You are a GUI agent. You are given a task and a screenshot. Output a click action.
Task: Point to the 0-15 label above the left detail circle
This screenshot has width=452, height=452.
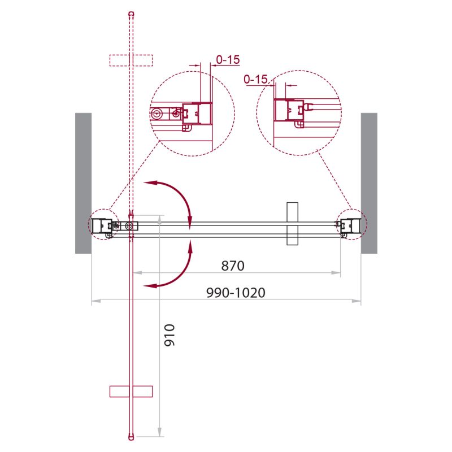coord(228,58)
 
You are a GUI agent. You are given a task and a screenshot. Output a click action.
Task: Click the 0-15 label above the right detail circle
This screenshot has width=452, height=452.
coord(255,80)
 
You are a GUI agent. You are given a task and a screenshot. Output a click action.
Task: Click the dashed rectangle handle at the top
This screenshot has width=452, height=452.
coord(131,60)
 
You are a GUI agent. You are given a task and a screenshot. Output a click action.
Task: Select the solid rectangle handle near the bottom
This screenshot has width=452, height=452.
coord(131,391)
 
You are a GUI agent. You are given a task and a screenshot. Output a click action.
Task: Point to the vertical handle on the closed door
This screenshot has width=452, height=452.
coord(292,224)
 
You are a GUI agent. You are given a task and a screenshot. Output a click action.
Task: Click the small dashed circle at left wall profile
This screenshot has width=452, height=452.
coord(102,225)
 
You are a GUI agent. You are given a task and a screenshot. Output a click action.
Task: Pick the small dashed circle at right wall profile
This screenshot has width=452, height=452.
coord(351,224)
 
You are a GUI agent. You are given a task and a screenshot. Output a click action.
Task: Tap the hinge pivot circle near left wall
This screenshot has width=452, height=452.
coord(131,226)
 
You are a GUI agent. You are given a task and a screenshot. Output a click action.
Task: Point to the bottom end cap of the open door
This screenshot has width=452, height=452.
coord(131,436)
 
